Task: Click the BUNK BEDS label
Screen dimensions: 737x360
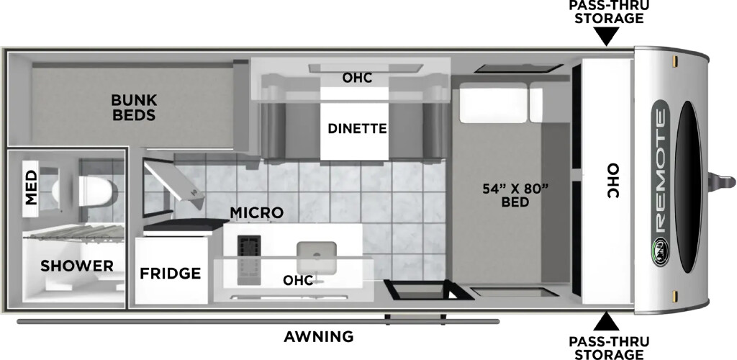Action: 134,107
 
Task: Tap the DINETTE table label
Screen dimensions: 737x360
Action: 357,128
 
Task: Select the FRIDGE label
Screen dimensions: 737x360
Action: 171,273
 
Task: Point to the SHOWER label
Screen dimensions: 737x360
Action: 76,266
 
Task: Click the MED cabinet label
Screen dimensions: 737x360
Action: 31,187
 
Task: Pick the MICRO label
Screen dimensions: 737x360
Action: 257,212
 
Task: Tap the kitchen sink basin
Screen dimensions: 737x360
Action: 317,257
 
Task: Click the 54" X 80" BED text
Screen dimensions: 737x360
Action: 515,195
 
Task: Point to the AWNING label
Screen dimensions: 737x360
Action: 319,336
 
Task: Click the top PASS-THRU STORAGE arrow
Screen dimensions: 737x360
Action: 606,36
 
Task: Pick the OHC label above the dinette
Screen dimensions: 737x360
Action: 357,78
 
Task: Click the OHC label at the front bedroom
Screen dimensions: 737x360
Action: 611,181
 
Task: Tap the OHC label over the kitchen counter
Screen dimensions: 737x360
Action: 298,281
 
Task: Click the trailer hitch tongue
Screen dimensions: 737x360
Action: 721,181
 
